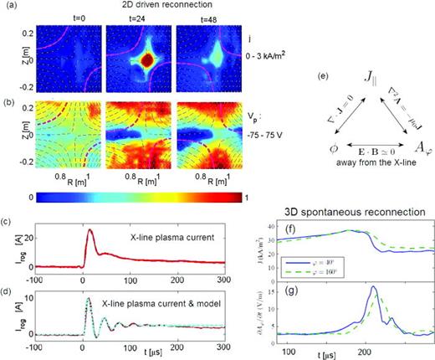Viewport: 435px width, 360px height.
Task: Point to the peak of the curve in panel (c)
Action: point(90,230)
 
